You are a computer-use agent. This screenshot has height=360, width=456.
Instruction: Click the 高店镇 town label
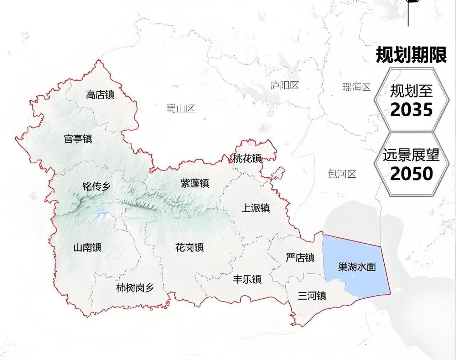tap(100, 95)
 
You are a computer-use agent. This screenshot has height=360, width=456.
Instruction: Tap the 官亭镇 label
tap(78, 138)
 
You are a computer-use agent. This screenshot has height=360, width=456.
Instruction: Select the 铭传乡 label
tap(96, 186)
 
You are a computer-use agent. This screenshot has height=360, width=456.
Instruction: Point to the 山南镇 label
tap(87, 247)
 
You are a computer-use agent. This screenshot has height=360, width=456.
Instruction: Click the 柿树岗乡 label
tap(135, 288)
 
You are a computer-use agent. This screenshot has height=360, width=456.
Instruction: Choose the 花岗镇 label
tap(189, 247)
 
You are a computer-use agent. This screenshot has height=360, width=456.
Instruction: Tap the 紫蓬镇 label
tap(195, 183)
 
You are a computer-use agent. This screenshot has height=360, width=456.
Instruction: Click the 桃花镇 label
tap(247, 158)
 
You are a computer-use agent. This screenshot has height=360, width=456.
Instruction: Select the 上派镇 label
tap(255, 208)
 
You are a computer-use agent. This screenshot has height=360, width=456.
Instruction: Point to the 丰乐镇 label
tap(247, 279)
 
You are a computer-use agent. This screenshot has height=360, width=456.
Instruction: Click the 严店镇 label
tap(300, 258)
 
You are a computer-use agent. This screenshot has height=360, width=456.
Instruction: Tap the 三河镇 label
tap(312, 296)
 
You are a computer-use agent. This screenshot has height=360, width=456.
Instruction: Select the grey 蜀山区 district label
tap(181, 109)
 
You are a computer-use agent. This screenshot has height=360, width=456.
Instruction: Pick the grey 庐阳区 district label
tap(284, 85)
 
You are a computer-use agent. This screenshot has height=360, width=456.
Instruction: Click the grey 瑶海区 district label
tap(356, 87)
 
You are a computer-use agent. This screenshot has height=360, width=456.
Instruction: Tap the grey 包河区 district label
tap(342, 174)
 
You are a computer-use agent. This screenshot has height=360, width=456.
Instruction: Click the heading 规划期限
tap(411, 55)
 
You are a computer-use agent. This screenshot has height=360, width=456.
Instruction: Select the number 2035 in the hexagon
tap(411, 110)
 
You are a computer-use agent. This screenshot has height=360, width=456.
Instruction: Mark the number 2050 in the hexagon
tap(411, 174)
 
